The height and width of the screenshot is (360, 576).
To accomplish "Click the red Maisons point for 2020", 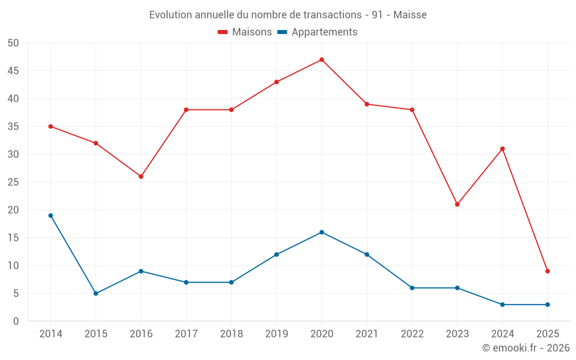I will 321,60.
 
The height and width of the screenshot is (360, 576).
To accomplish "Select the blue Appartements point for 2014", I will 51,215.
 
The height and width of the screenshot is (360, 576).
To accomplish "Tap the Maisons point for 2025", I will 548,271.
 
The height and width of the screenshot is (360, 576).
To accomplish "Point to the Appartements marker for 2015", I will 96,293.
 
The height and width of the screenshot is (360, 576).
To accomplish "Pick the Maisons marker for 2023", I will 457,204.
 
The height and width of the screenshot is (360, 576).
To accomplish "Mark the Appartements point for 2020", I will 321,232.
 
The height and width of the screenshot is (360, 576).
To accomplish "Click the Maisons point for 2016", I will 141,176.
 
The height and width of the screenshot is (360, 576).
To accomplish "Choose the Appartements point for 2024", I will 502,305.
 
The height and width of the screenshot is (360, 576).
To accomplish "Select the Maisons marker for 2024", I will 502,149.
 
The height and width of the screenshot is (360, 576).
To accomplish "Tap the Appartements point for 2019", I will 276,255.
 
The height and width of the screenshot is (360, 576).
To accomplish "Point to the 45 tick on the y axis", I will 13,71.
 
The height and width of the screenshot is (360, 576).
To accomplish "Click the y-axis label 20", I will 13,210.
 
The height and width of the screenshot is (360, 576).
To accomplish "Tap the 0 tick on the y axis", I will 16,321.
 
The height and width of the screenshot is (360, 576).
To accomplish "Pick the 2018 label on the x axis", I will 231,334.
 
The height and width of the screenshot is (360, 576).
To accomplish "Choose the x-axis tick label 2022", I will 412,334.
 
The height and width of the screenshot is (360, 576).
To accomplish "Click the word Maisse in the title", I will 410,15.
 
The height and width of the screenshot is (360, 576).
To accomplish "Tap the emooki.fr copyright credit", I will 526,348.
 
